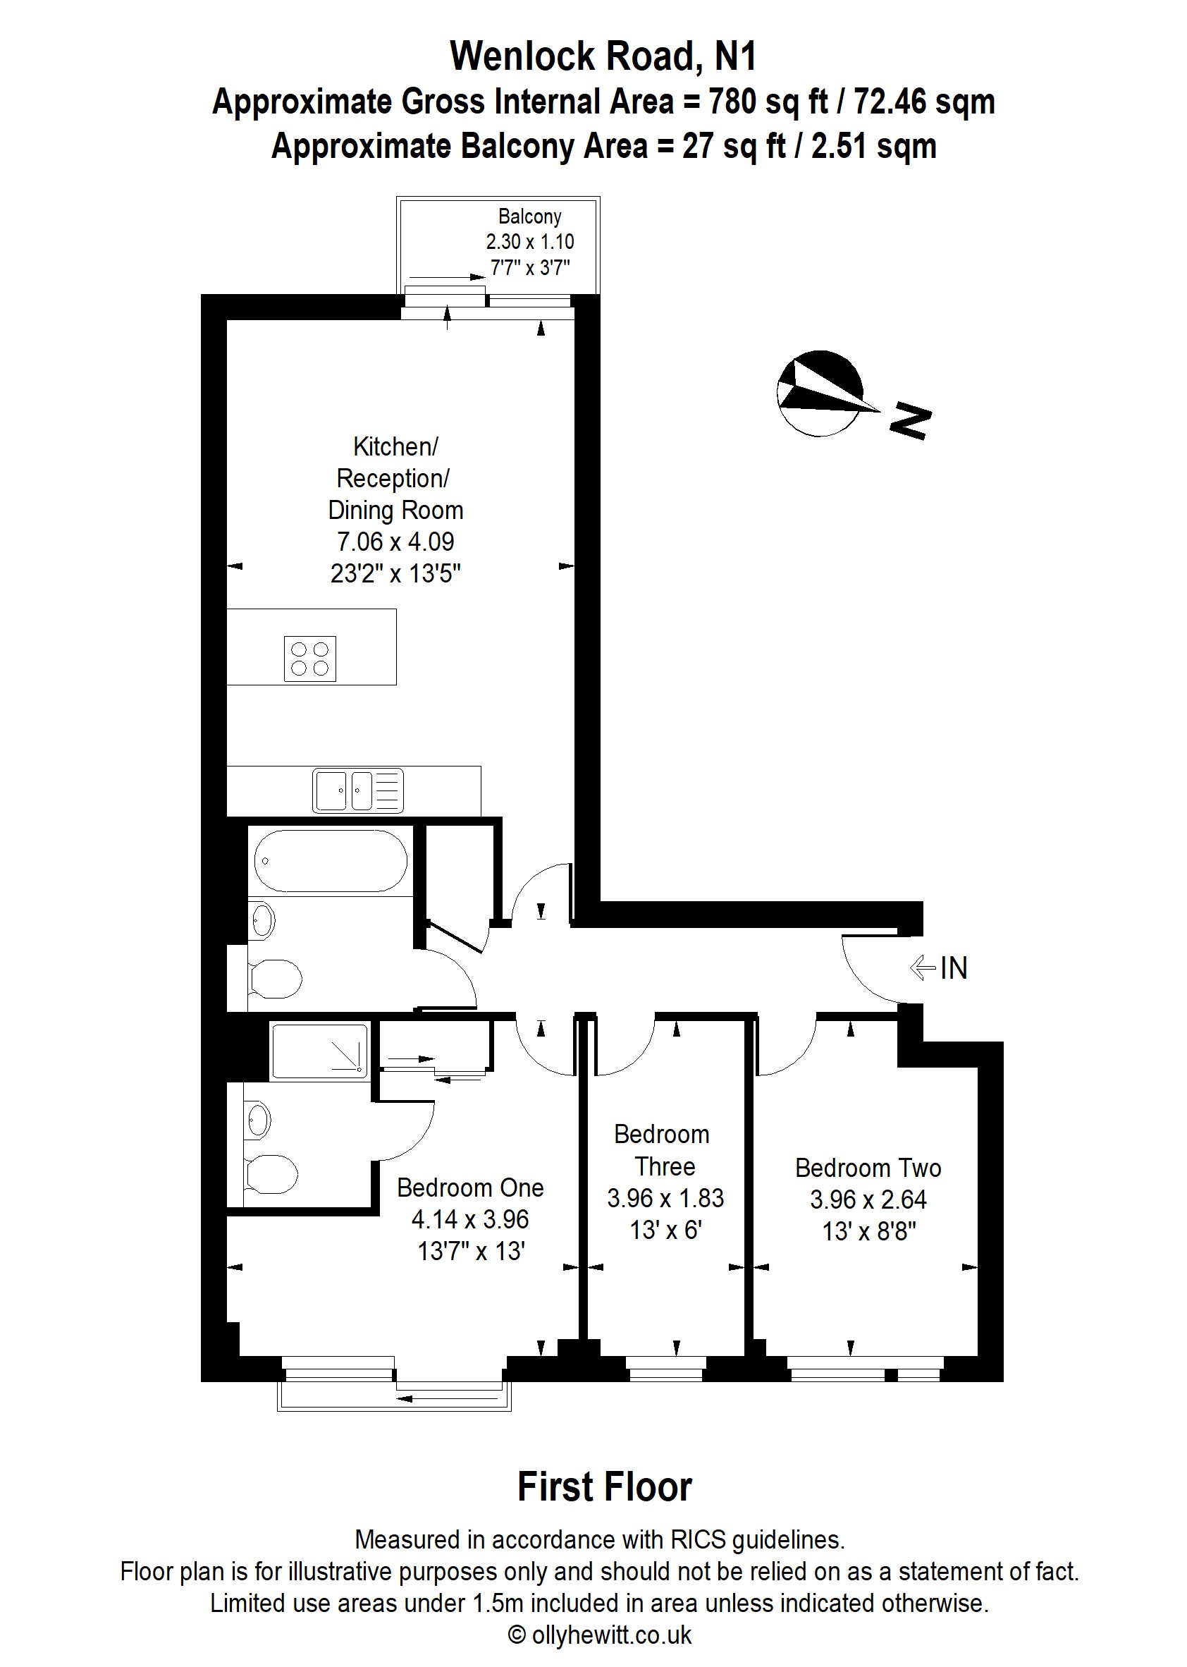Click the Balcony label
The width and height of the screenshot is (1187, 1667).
529,216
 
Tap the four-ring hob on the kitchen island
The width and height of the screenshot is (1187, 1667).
310,658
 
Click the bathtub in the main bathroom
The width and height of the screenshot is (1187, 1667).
331,860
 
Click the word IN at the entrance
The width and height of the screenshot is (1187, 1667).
953,968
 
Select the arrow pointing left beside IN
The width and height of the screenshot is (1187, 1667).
923,968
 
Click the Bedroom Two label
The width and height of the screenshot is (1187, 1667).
868,1168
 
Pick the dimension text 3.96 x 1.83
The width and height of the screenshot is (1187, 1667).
665,1197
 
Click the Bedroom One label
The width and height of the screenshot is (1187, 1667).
470,1187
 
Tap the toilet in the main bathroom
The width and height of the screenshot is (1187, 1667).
276,979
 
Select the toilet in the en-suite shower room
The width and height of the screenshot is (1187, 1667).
271,1173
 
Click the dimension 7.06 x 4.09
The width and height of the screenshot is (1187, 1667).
395,542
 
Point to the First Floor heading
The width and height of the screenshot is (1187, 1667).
605,1487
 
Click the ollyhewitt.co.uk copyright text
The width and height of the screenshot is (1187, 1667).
600,1635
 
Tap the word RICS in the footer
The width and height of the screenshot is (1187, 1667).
698,1540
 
